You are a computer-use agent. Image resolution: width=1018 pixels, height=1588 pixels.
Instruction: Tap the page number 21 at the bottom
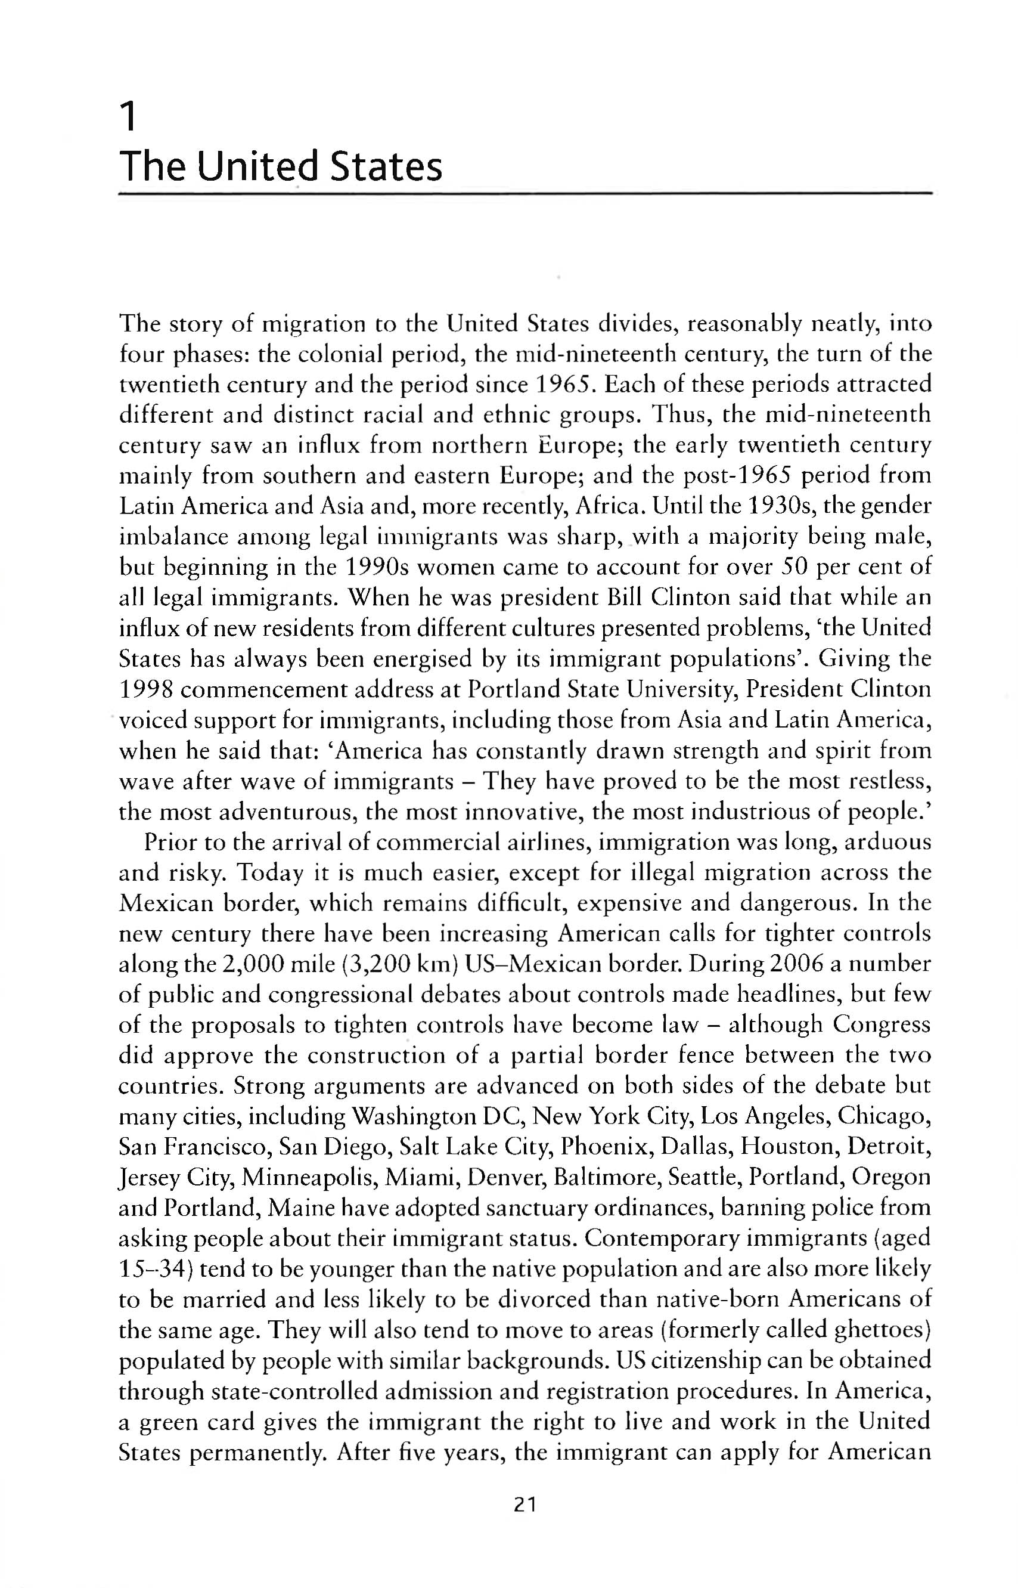[524, 1505]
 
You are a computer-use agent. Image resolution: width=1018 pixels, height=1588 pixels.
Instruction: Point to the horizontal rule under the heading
[524, 194]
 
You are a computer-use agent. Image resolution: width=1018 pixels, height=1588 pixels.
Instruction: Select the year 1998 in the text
[146, 690]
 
